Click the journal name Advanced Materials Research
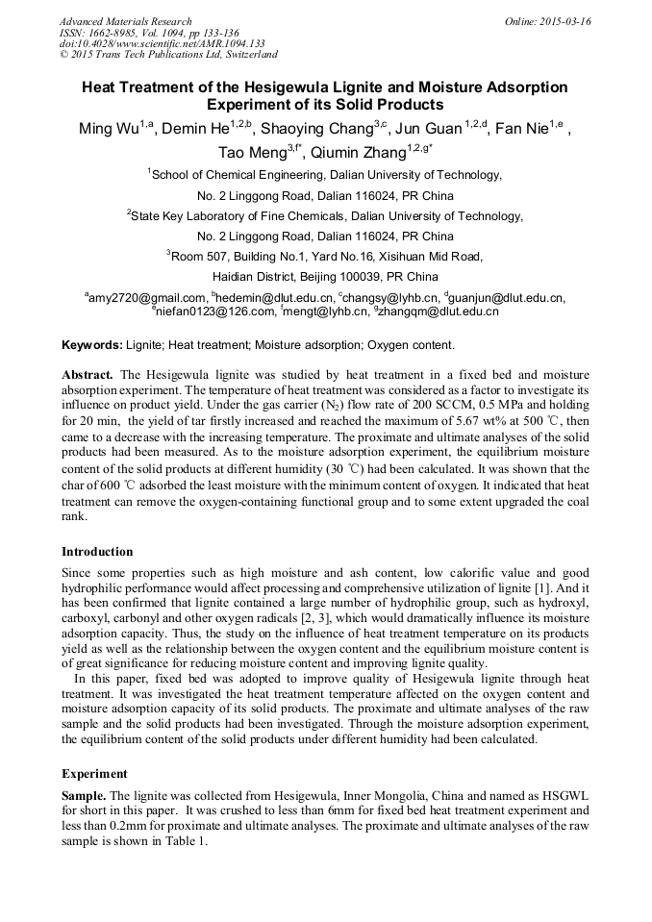coord(125,21)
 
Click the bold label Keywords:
coord(92,345)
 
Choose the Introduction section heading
coord(97,552)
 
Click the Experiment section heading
coord(94,774)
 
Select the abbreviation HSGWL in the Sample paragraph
coord(567,797)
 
